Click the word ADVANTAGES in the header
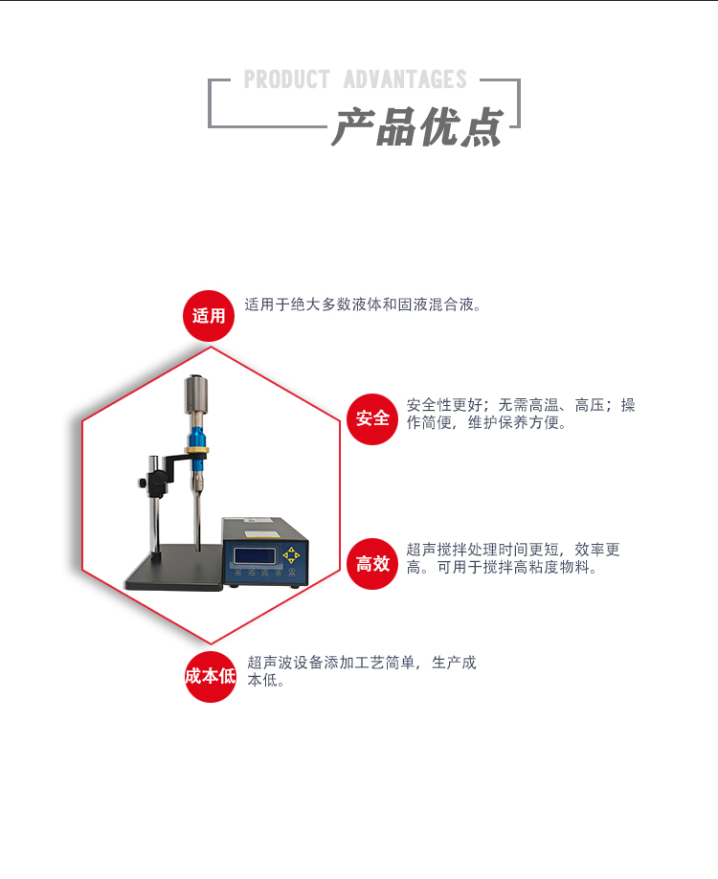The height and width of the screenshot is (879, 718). [405, 79]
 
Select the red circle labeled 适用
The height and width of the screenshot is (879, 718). [209, 316]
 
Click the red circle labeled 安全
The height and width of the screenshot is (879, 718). [372, 418]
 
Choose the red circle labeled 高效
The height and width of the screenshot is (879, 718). [372, 564]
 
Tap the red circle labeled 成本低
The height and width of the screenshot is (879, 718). [210, 677]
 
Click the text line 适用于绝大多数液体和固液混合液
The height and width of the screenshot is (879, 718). [363, 305]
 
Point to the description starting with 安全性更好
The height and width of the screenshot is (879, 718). [520, 414]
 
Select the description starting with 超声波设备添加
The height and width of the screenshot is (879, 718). [361, 671]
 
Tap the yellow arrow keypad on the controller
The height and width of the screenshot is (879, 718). [291, 555]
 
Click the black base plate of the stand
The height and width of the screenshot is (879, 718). [177, 575]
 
